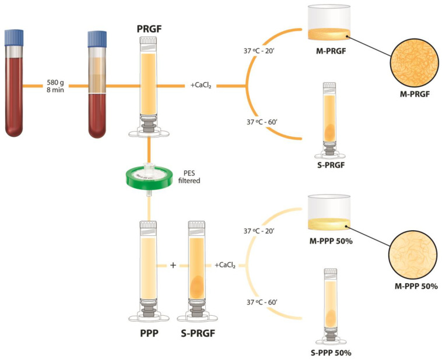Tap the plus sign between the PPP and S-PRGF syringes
point(173,266)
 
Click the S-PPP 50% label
point(331,353)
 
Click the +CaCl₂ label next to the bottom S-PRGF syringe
point(224,266)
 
